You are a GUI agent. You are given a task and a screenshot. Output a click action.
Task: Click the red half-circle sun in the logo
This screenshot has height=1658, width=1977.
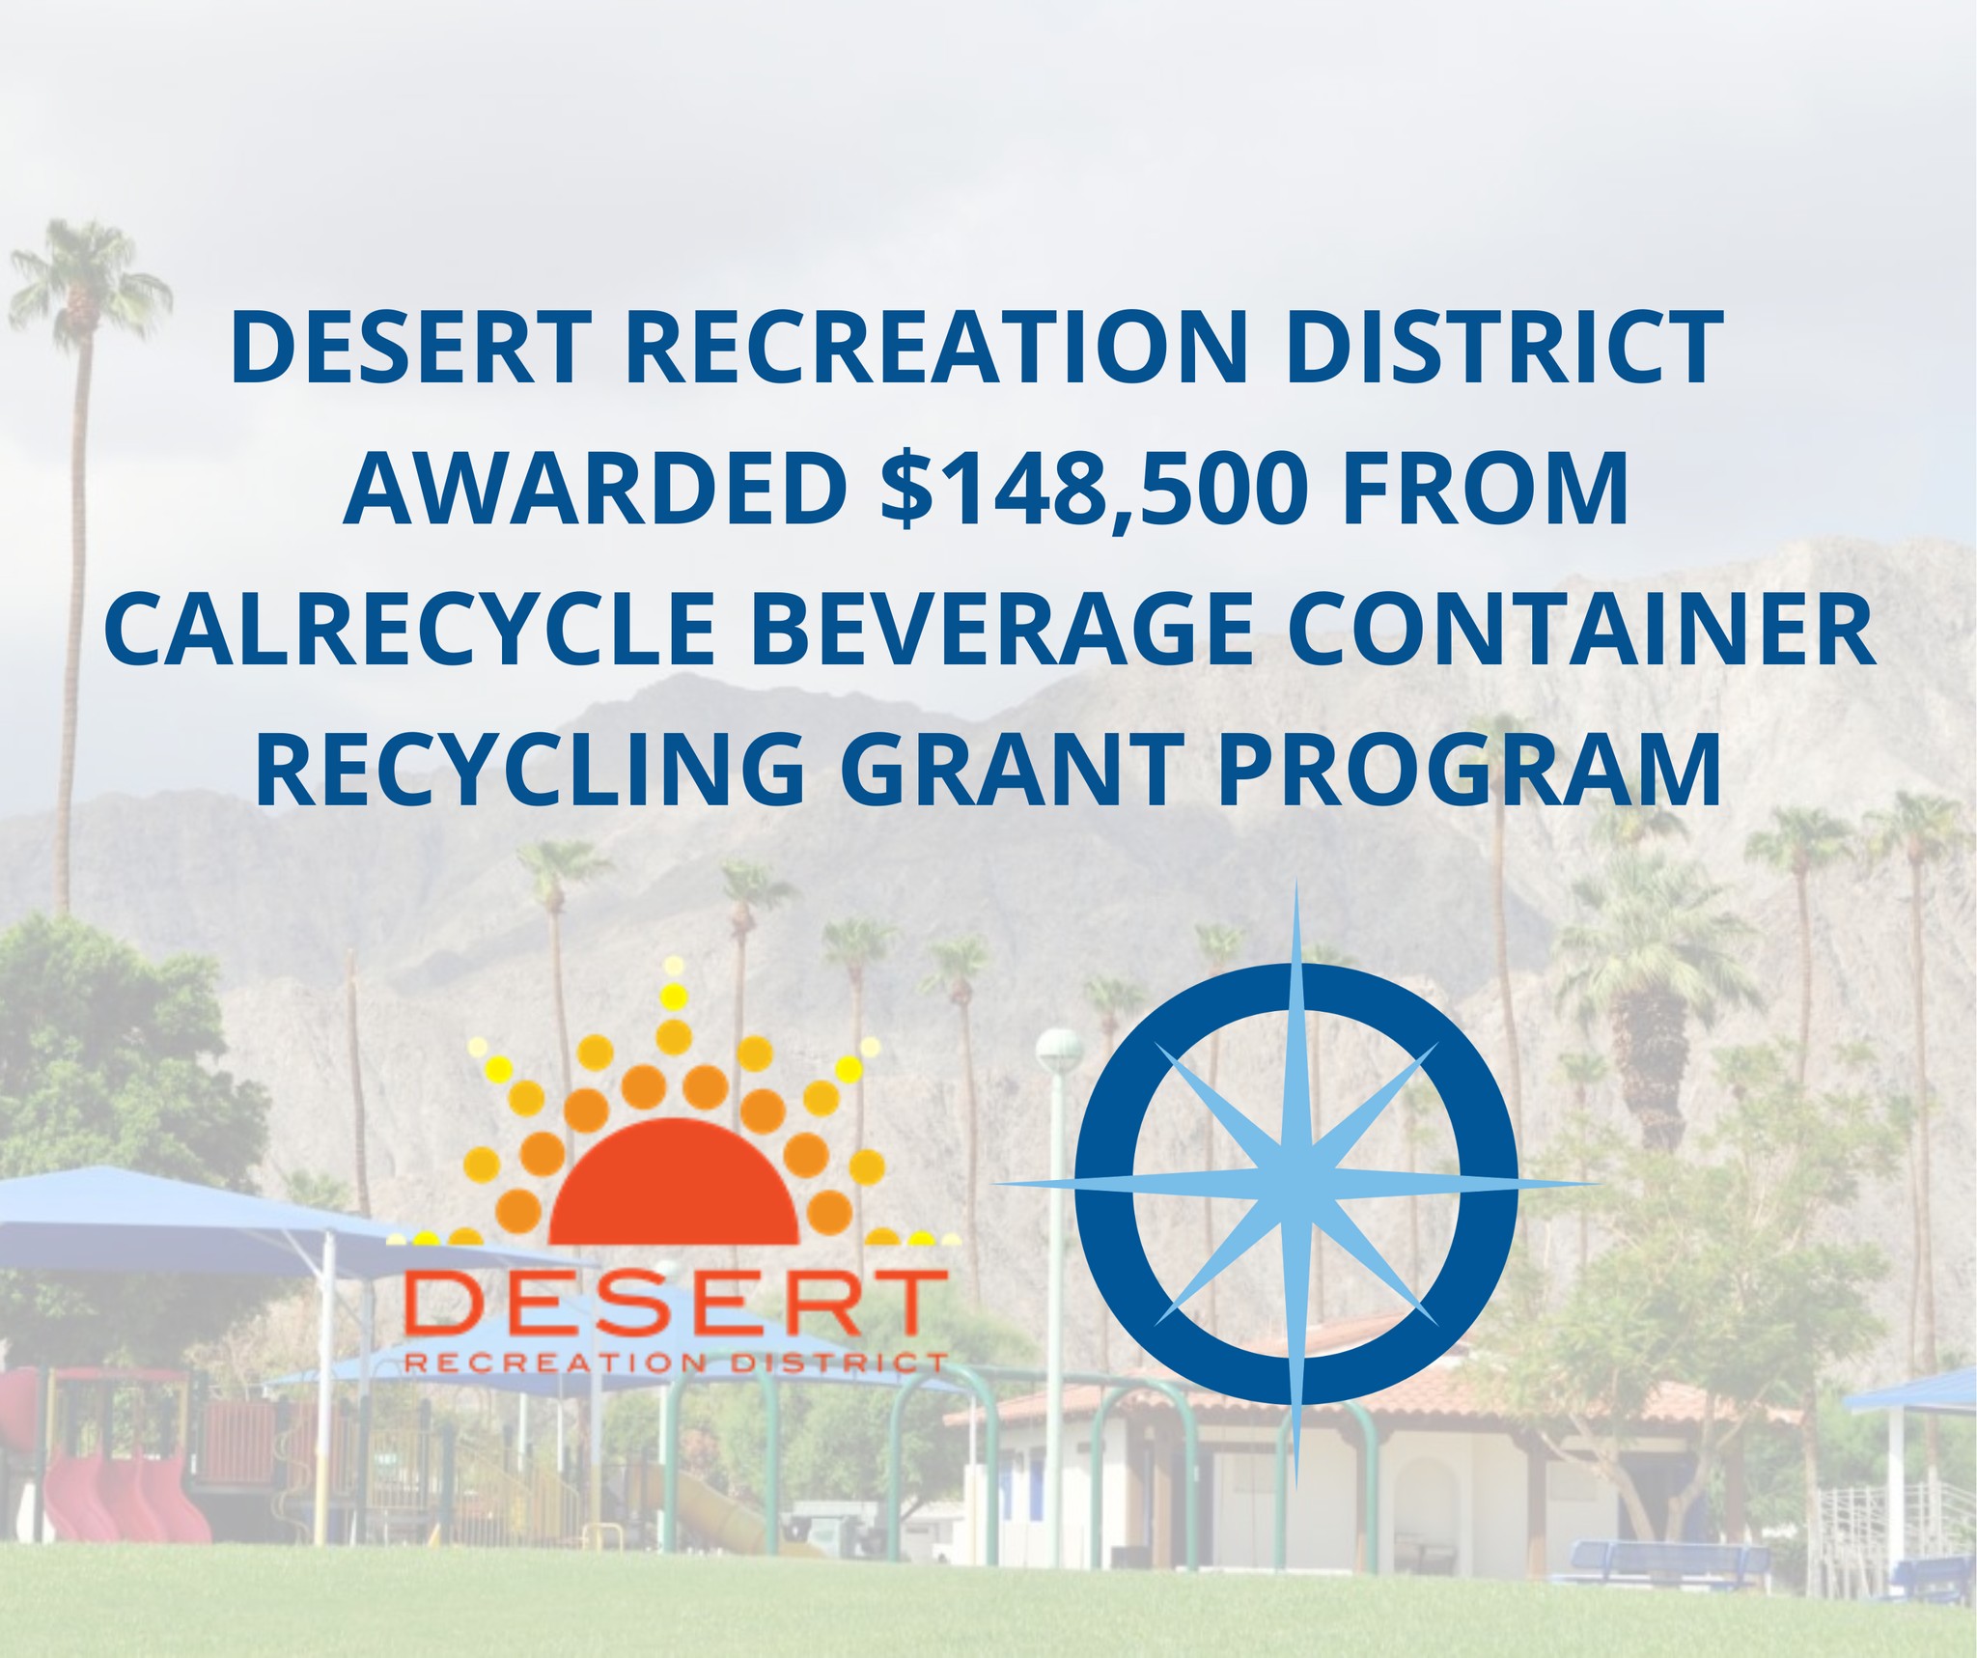674,1180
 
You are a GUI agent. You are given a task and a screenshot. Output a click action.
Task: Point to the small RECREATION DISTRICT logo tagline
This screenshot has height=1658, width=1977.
673,1363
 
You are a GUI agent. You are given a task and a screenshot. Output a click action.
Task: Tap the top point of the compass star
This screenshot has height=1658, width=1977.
1296,883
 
